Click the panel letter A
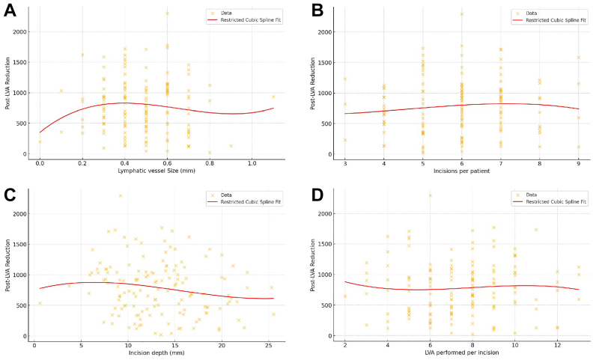pyautogui.click(x=10, y=12)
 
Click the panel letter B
pyautogui.click(x=317, y=12)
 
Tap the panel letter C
pyautogui.click(x=10, y=196)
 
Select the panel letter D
pyautogui.click(x=317, y=196)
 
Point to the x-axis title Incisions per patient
pyautogui.click(x=462, y=171)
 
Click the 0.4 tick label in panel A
pyautogui.click(x=124, y=162)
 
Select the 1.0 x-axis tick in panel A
pyautogui.click(x=252, y=162)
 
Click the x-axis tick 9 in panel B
pyautogui.click(x=579, y=162)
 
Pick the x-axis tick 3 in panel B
pyautogui.click(x=345, y=162)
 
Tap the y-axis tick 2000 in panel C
pyautogui.click(x=22, y=214)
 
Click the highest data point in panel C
pyautogui.click(x=120, y=196)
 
